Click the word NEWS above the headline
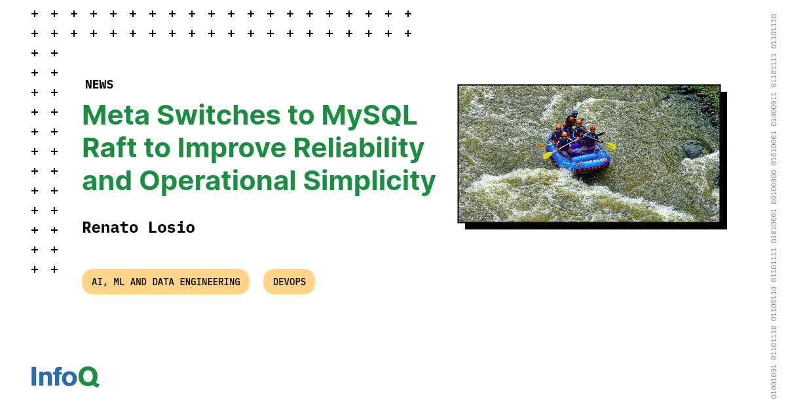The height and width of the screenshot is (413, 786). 99,85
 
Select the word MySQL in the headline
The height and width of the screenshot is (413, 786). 369,115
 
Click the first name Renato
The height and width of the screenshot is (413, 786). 110,227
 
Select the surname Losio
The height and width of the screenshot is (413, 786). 172,227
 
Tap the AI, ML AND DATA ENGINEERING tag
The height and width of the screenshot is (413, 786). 166,282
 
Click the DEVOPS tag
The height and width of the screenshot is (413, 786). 289,282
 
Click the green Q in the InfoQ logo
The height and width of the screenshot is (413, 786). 88,377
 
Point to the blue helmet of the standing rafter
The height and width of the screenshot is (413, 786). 574,112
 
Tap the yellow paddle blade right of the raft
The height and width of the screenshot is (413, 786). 611,146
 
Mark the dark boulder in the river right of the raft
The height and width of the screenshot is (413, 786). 692,150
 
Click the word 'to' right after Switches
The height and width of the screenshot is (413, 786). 301,115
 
